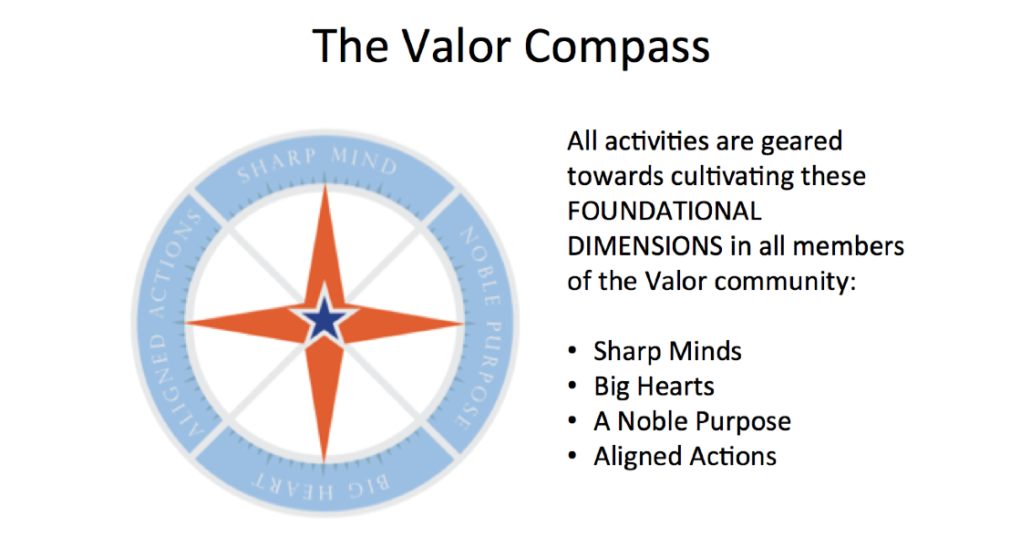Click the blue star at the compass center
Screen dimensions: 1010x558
pyautogui.click(x=325, y=320)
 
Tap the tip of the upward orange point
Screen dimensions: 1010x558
pyautogui.click(x=325, y=185)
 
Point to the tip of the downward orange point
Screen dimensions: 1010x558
pyautogui.click(x=324, y=462)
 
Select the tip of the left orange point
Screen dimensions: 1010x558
pyautogui.click(x=186, y=322)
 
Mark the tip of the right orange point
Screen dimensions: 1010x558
pyautogui.click(x=464, y=323)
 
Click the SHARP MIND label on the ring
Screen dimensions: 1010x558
pyautogui.click(x=317, y=162)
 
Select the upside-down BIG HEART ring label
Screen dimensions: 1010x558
pyautogui.click(x=319, y=486)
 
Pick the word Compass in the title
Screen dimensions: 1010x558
pyautogui.click(x=616, y=47)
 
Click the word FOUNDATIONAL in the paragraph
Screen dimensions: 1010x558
pyautogui.click(x=665, y=212)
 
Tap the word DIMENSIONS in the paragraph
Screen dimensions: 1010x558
pyautogui.click(x=644, y=246)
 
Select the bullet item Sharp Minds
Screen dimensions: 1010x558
pyautogui.click(x=667, y=352)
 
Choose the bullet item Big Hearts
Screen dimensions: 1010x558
pyautogui.click(x=654, y=387)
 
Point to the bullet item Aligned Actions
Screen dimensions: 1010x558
pyautogui.click(x=685, y=457)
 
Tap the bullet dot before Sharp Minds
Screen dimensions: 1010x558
pyautogui.click(x=572, y=351)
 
